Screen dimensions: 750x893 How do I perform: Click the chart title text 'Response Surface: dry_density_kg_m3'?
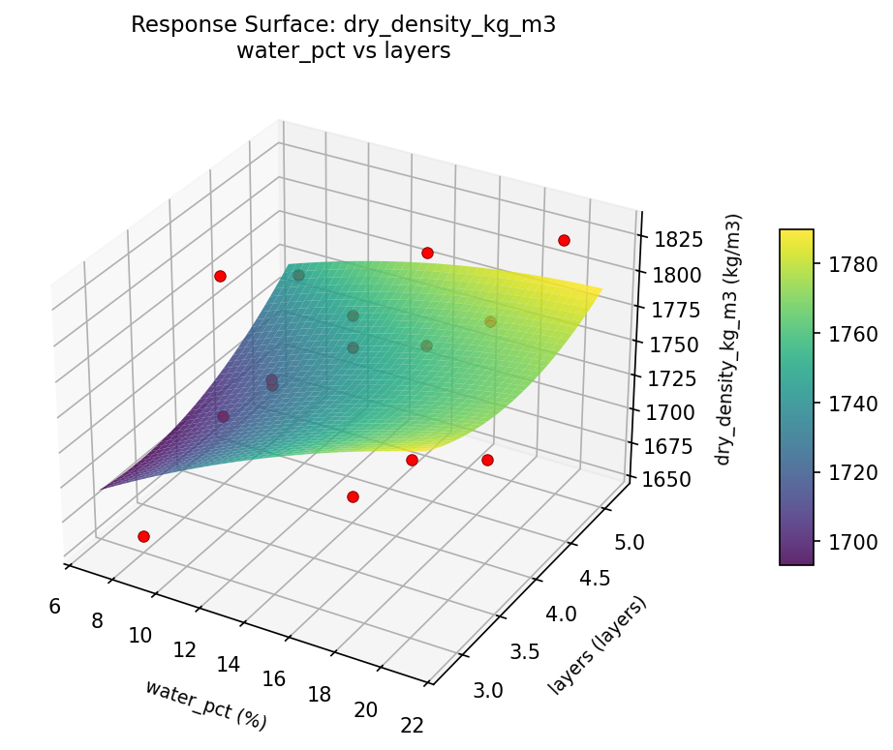click(343, 25)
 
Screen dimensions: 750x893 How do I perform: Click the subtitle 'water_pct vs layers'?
click(343, 51)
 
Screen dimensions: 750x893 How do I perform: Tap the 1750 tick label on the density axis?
click(672, 345)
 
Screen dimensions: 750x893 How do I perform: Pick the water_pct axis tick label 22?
click(412, 725)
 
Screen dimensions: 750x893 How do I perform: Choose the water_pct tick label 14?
click(229, 665)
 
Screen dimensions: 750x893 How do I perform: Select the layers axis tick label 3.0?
click(487, 690)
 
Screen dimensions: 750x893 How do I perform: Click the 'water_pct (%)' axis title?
click(205, 704)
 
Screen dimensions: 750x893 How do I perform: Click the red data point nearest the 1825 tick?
click(564, 240)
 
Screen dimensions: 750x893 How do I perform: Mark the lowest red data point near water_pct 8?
click(143, 536)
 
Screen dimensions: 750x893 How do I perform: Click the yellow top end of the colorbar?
click(796, 235)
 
